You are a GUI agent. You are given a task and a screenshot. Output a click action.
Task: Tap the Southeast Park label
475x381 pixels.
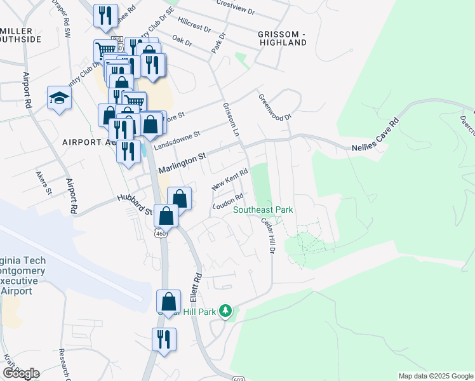tap(263, 210)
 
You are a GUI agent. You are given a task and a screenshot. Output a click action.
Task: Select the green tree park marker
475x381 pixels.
tap(225, 311)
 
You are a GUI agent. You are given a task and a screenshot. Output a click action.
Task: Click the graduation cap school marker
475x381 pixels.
tap(59, 98)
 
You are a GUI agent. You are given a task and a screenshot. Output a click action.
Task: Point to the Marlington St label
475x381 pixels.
tap(184, 162)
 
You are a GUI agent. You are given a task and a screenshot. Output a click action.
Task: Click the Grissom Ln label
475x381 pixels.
tap(231, 119)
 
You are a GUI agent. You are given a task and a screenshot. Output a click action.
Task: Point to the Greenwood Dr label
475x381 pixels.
tap(274, 108)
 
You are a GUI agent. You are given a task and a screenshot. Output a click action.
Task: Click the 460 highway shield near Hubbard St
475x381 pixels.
tap(159, 234)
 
